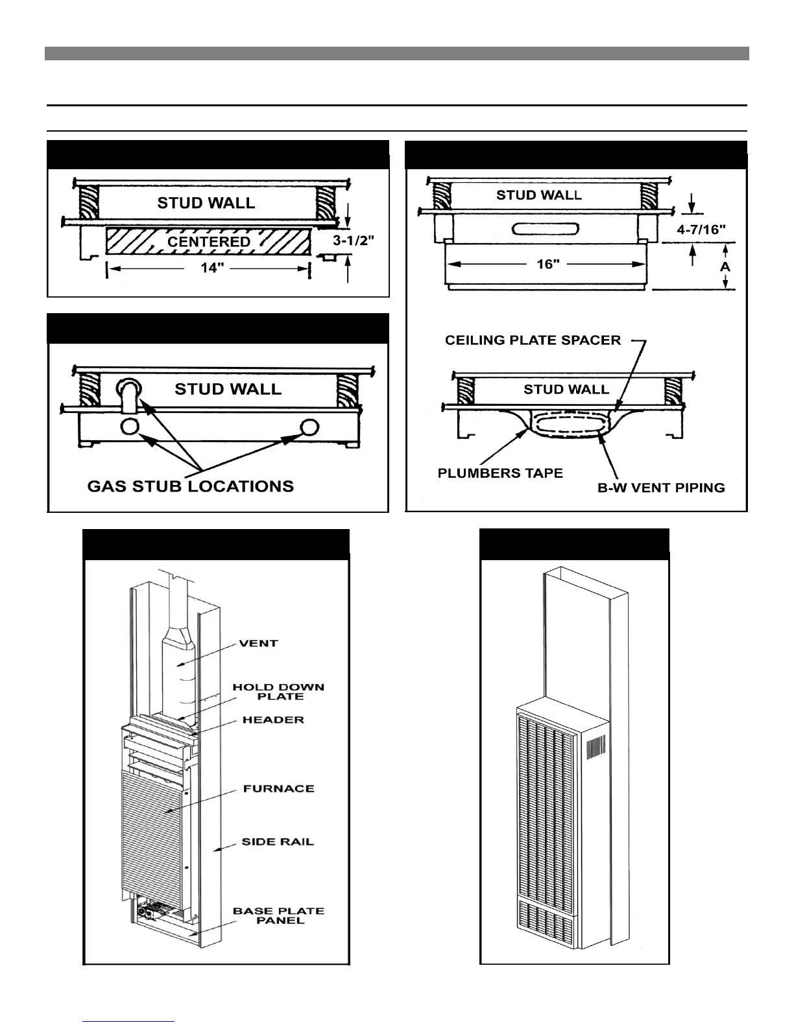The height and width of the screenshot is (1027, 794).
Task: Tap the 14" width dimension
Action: tap(211, 268)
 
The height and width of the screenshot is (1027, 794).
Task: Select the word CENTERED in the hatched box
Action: tap(208, 241)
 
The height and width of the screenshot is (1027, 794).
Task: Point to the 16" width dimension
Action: tap(548, 265)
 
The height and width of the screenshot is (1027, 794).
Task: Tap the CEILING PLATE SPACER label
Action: tap(533, 340)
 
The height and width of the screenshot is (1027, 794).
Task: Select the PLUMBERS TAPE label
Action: tap(499, 473)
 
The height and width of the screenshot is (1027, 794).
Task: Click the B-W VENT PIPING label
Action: tap(660, 487)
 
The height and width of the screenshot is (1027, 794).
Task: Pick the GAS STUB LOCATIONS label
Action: tap(190, 486)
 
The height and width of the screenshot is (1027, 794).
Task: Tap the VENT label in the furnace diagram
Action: tap(259, 643)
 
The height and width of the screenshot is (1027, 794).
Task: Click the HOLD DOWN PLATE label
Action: tap(278, 691)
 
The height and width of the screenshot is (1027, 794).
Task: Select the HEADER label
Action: tap(273, 720)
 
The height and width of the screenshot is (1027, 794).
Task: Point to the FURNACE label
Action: tap(278, 788)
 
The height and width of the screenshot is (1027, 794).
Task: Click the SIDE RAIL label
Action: tap(278, 842)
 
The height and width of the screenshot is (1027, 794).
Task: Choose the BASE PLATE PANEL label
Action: tap(278, 915)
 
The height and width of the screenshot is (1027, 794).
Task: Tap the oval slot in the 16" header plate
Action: tap(545, 229)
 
